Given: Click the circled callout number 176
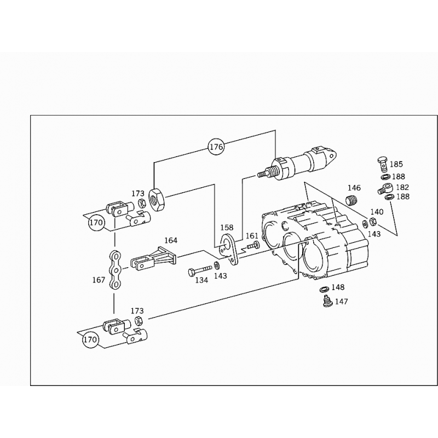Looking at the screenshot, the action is pos(216,147).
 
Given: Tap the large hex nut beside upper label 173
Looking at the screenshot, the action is pos(157,199).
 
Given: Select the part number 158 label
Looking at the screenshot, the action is pos(227,227).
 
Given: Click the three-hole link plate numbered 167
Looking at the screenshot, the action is pos(115,269).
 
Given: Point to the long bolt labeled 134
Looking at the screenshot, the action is pos(200,270).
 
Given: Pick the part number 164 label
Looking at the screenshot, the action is pos(170,240).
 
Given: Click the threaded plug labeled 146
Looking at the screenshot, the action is pos(353,200).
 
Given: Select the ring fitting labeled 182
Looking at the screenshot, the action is pos(385,188).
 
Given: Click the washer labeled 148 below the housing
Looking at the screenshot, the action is pos(324,289).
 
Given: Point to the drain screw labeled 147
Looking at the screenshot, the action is pos(327,302).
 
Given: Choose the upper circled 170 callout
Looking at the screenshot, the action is pos(96,223).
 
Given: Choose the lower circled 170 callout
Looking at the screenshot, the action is pos(90,339).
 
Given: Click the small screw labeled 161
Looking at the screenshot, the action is pos(253,245).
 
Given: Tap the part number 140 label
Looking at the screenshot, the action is pos(377,212).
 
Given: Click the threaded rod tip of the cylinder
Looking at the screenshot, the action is pos(262,174).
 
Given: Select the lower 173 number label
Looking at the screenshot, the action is pos(137,310).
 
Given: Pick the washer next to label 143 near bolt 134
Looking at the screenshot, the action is pos(216,264).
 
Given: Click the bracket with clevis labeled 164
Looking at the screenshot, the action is pos(153,258).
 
